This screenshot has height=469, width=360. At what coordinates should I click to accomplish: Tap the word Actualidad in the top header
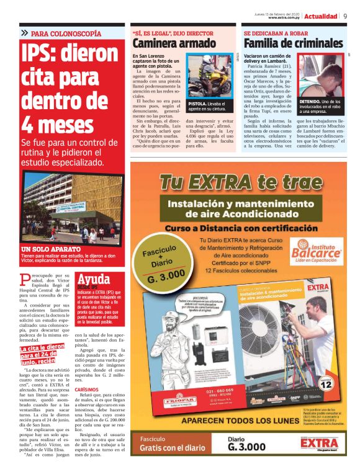coord(322,17)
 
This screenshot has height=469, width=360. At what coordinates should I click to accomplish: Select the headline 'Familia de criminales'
coord(292,43)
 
